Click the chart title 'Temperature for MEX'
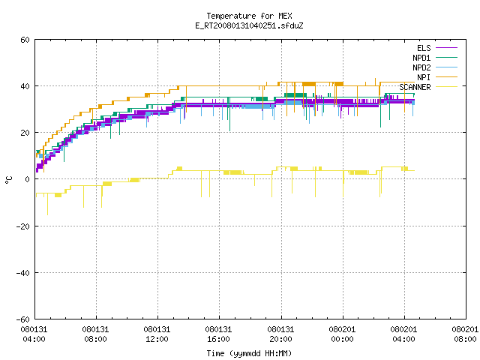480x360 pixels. coord(249,16)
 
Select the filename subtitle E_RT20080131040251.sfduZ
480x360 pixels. coord(249,25)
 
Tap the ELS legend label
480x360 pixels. coord(424,48)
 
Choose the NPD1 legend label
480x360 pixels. coord(421,58)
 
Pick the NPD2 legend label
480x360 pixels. coord(421,67)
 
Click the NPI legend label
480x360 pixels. coord(424,77)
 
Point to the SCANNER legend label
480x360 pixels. coord(415,87)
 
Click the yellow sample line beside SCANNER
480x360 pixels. coord(446,87)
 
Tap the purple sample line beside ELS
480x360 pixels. coord(446,48)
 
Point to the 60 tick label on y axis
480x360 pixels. coord(25,40)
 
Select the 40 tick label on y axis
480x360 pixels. coord(25,86)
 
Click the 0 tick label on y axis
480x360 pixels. coord(28,179)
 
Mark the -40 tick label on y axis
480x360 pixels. coord(23,273)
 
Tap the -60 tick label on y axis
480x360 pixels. coord(23,319)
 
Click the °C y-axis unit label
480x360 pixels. coord(8,180)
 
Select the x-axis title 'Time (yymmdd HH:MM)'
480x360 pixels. coord(249,353)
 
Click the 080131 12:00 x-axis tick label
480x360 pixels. coord(157,334)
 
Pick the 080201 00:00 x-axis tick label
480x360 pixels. coord(342,334)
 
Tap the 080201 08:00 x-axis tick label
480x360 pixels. coord(465,334)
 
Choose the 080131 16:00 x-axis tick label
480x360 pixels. coord(218,334)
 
